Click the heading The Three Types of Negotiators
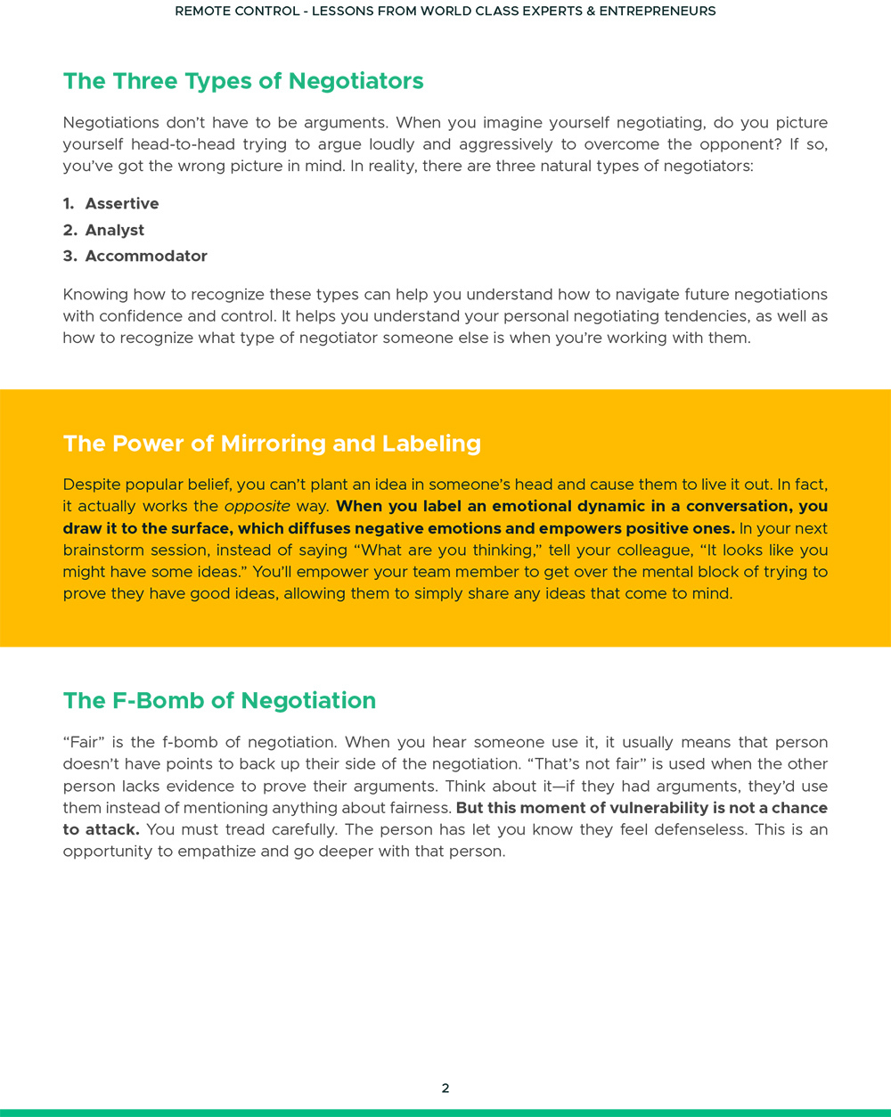[x=243, y=81]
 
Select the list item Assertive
[x=122, y=204]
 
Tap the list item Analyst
[x=115, y=230]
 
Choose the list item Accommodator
[x=146, y=257]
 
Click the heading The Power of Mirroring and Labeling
[x=272, y=444]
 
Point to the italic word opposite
[x=257, y=507]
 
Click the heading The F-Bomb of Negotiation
[x=219, y=701]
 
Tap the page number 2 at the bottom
[x=445, y=1088]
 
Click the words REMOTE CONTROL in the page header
[x=237, y=12]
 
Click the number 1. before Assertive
[x=69, y=204]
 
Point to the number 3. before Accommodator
[x=69, y=257]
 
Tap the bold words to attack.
[x=101, y=830]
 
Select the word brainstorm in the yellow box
[x=103, y=550]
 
